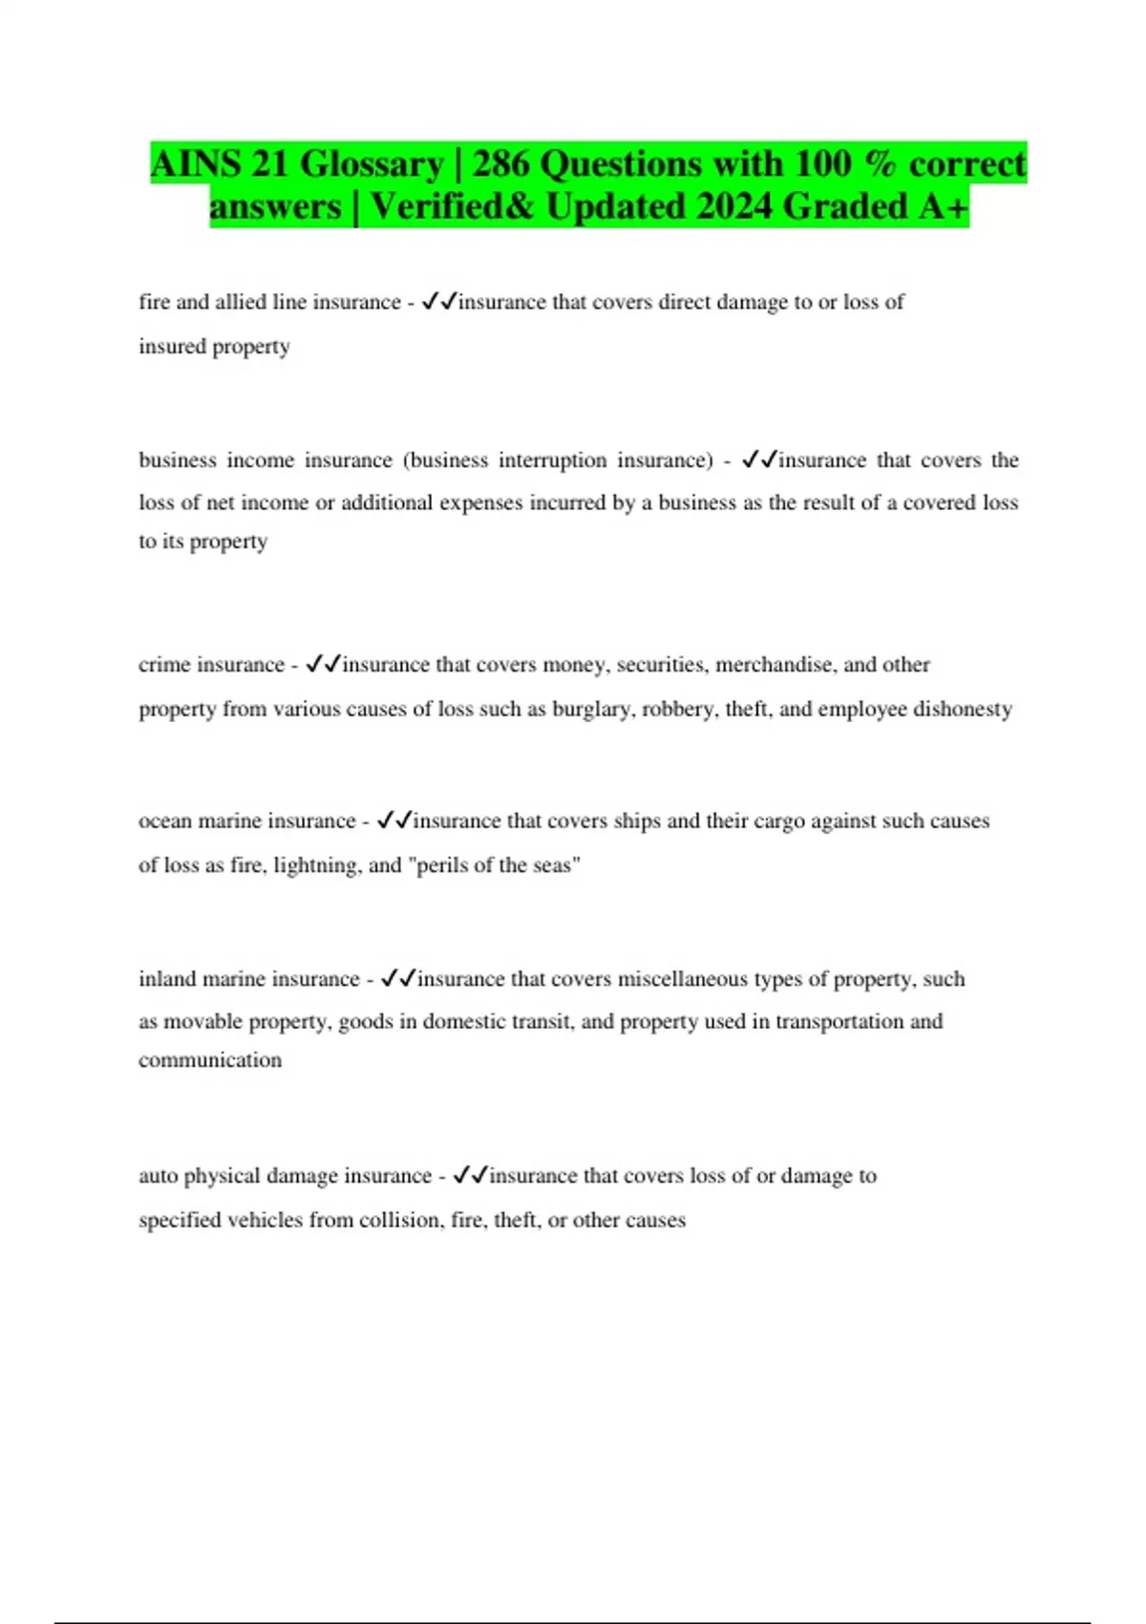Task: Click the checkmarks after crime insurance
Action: pyautogui.click(x=323, y=665)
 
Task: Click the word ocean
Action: pyautogui.click(x=165, y=821)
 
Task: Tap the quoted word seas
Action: pyautogui.click(x=552, y=865)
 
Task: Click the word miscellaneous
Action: pyautogui.click(x=682, y=979)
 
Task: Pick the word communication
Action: pyautogui.click(x=210, y=1060)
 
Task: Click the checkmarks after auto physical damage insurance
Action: pyautogui.click(x=471, y=1176)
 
